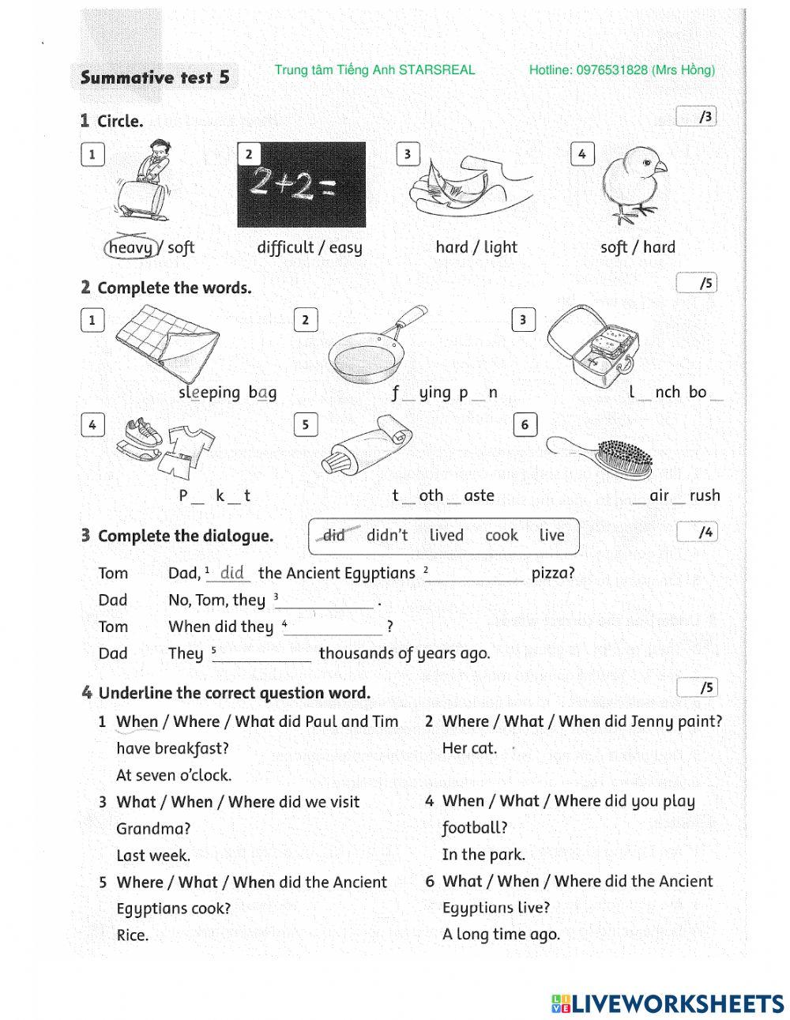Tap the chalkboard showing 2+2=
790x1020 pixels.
(302, 185)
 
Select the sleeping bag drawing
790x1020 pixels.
(169, 344)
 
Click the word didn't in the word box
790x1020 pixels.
(387, 536)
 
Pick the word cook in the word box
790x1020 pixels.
(502, 536)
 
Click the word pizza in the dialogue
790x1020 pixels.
(552, 573)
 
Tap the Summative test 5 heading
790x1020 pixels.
(155, 77)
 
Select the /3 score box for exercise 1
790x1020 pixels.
(697, 117)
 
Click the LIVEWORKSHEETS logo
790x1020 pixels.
(668, 1003)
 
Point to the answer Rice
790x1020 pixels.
(132, 935)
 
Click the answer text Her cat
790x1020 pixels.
(469, 748)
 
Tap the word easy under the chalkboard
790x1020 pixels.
(346, 247)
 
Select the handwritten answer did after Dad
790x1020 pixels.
(232, 572)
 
